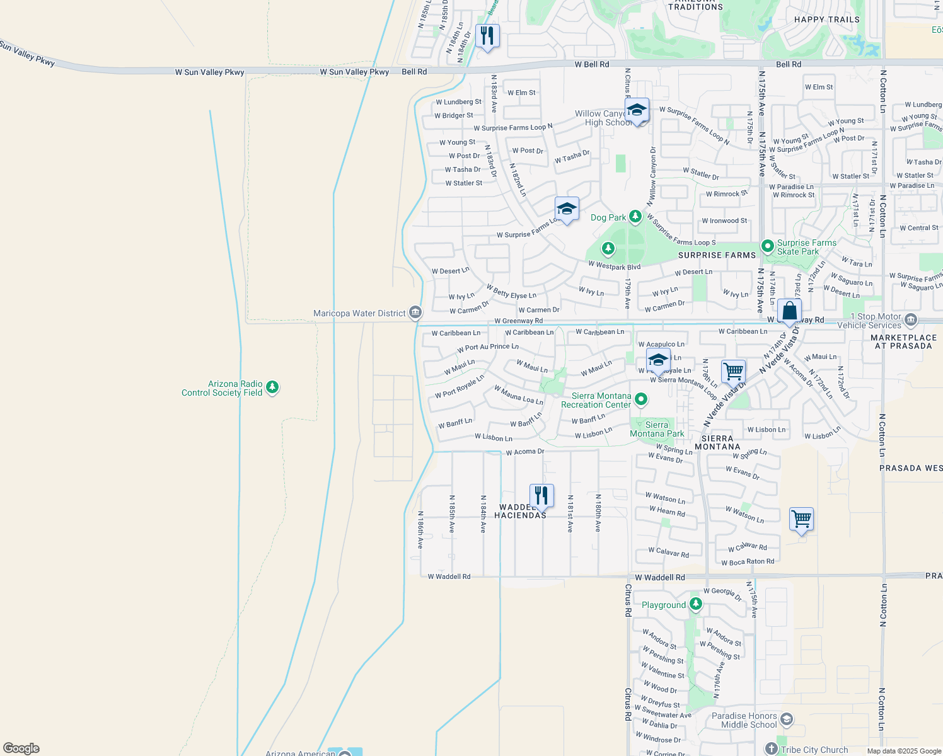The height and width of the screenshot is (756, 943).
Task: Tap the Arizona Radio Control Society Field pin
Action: pos(272,387)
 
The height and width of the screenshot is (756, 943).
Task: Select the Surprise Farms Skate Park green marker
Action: pos(767,246)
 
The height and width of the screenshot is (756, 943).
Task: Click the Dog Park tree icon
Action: pos(635,217)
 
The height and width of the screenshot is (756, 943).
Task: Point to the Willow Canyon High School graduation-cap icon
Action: pos(637,110)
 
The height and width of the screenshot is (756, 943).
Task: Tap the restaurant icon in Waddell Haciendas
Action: pos(541,495)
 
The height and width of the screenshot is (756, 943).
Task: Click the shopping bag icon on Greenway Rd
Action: pos(789,311)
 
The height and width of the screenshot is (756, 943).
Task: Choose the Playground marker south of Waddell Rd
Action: pos(696,604)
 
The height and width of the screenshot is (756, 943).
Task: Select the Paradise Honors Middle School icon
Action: pos(786,719)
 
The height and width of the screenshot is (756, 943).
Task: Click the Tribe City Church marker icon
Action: pos(772,749)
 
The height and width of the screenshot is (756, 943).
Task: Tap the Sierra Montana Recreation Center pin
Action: pos(641,399)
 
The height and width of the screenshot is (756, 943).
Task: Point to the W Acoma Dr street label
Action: pos(524,452)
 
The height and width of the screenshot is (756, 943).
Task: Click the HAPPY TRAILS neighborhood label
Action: pos(826,20)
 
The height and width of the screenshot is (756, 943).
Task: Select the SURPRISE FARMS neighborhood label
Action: pos(717,255)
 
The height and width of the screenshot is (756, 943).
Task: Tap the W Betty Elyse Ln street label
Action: pos(511,291)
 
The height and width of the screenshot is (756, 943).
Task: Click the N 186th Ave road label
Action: pos(420,529)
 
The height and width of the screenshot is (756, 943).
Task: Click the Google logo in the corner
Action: pos(21,748)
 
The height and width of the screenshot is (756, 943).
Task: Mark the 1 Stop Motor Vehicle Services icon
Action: pos(910,321)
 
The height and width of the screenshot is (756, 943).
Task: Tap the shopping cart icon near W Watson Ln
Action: pos(801,519)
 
